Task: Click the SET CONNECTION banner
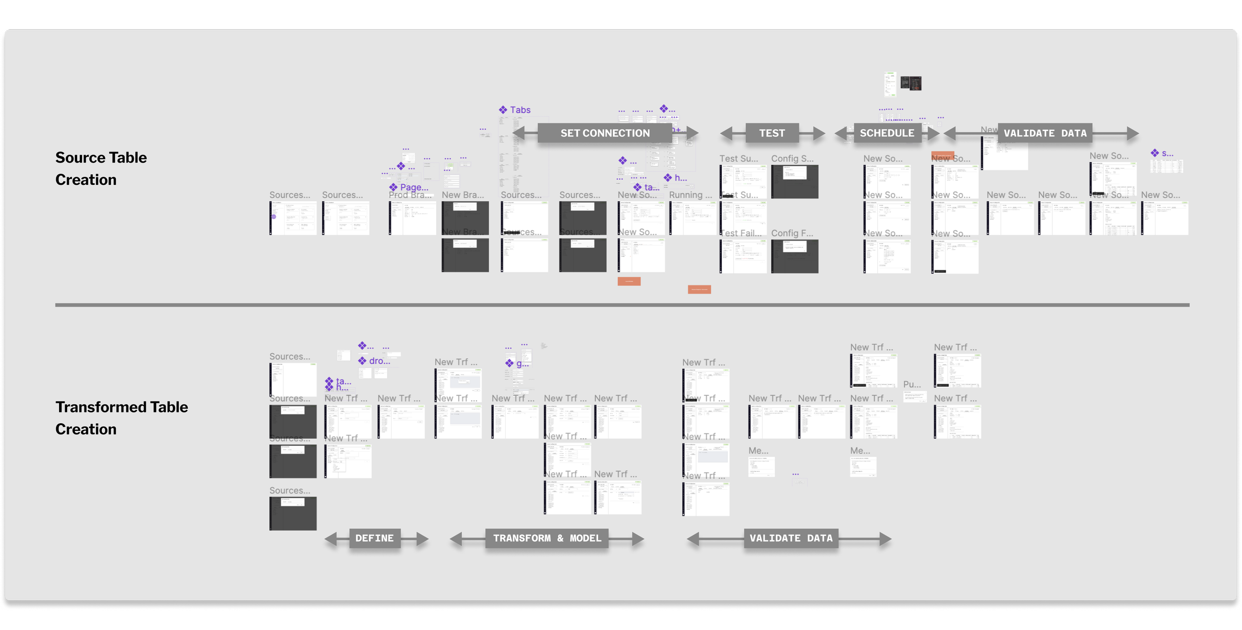point(605,133)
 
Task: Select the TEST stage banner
point(772,133)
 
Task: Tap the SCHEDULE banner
point(887,133)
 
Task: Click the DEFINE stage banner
point(375,538)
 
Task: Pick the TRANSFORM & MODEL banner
point(546,538)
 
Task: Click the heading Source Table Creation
point(101,168)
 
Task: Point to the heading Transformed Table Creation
point(121,418)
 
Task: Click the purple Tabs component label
point(520,110)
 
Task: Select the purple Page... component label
point(414,187)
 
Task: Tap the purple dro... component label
point(379,361)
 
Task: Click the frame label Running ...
point(690,195)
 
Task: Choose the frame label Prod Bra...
point(410,195)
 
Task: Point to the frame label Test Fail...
point(740,233)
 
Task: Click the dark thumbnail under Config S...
point(794,182)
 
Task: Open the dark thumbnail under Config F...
point(794,256)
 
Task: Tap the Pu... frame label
point(912,384)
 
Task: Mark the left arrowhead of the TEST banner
point(726,133)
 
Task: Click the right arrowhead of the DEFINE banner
point(422,539)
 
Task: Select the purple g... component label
point(522,364)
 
